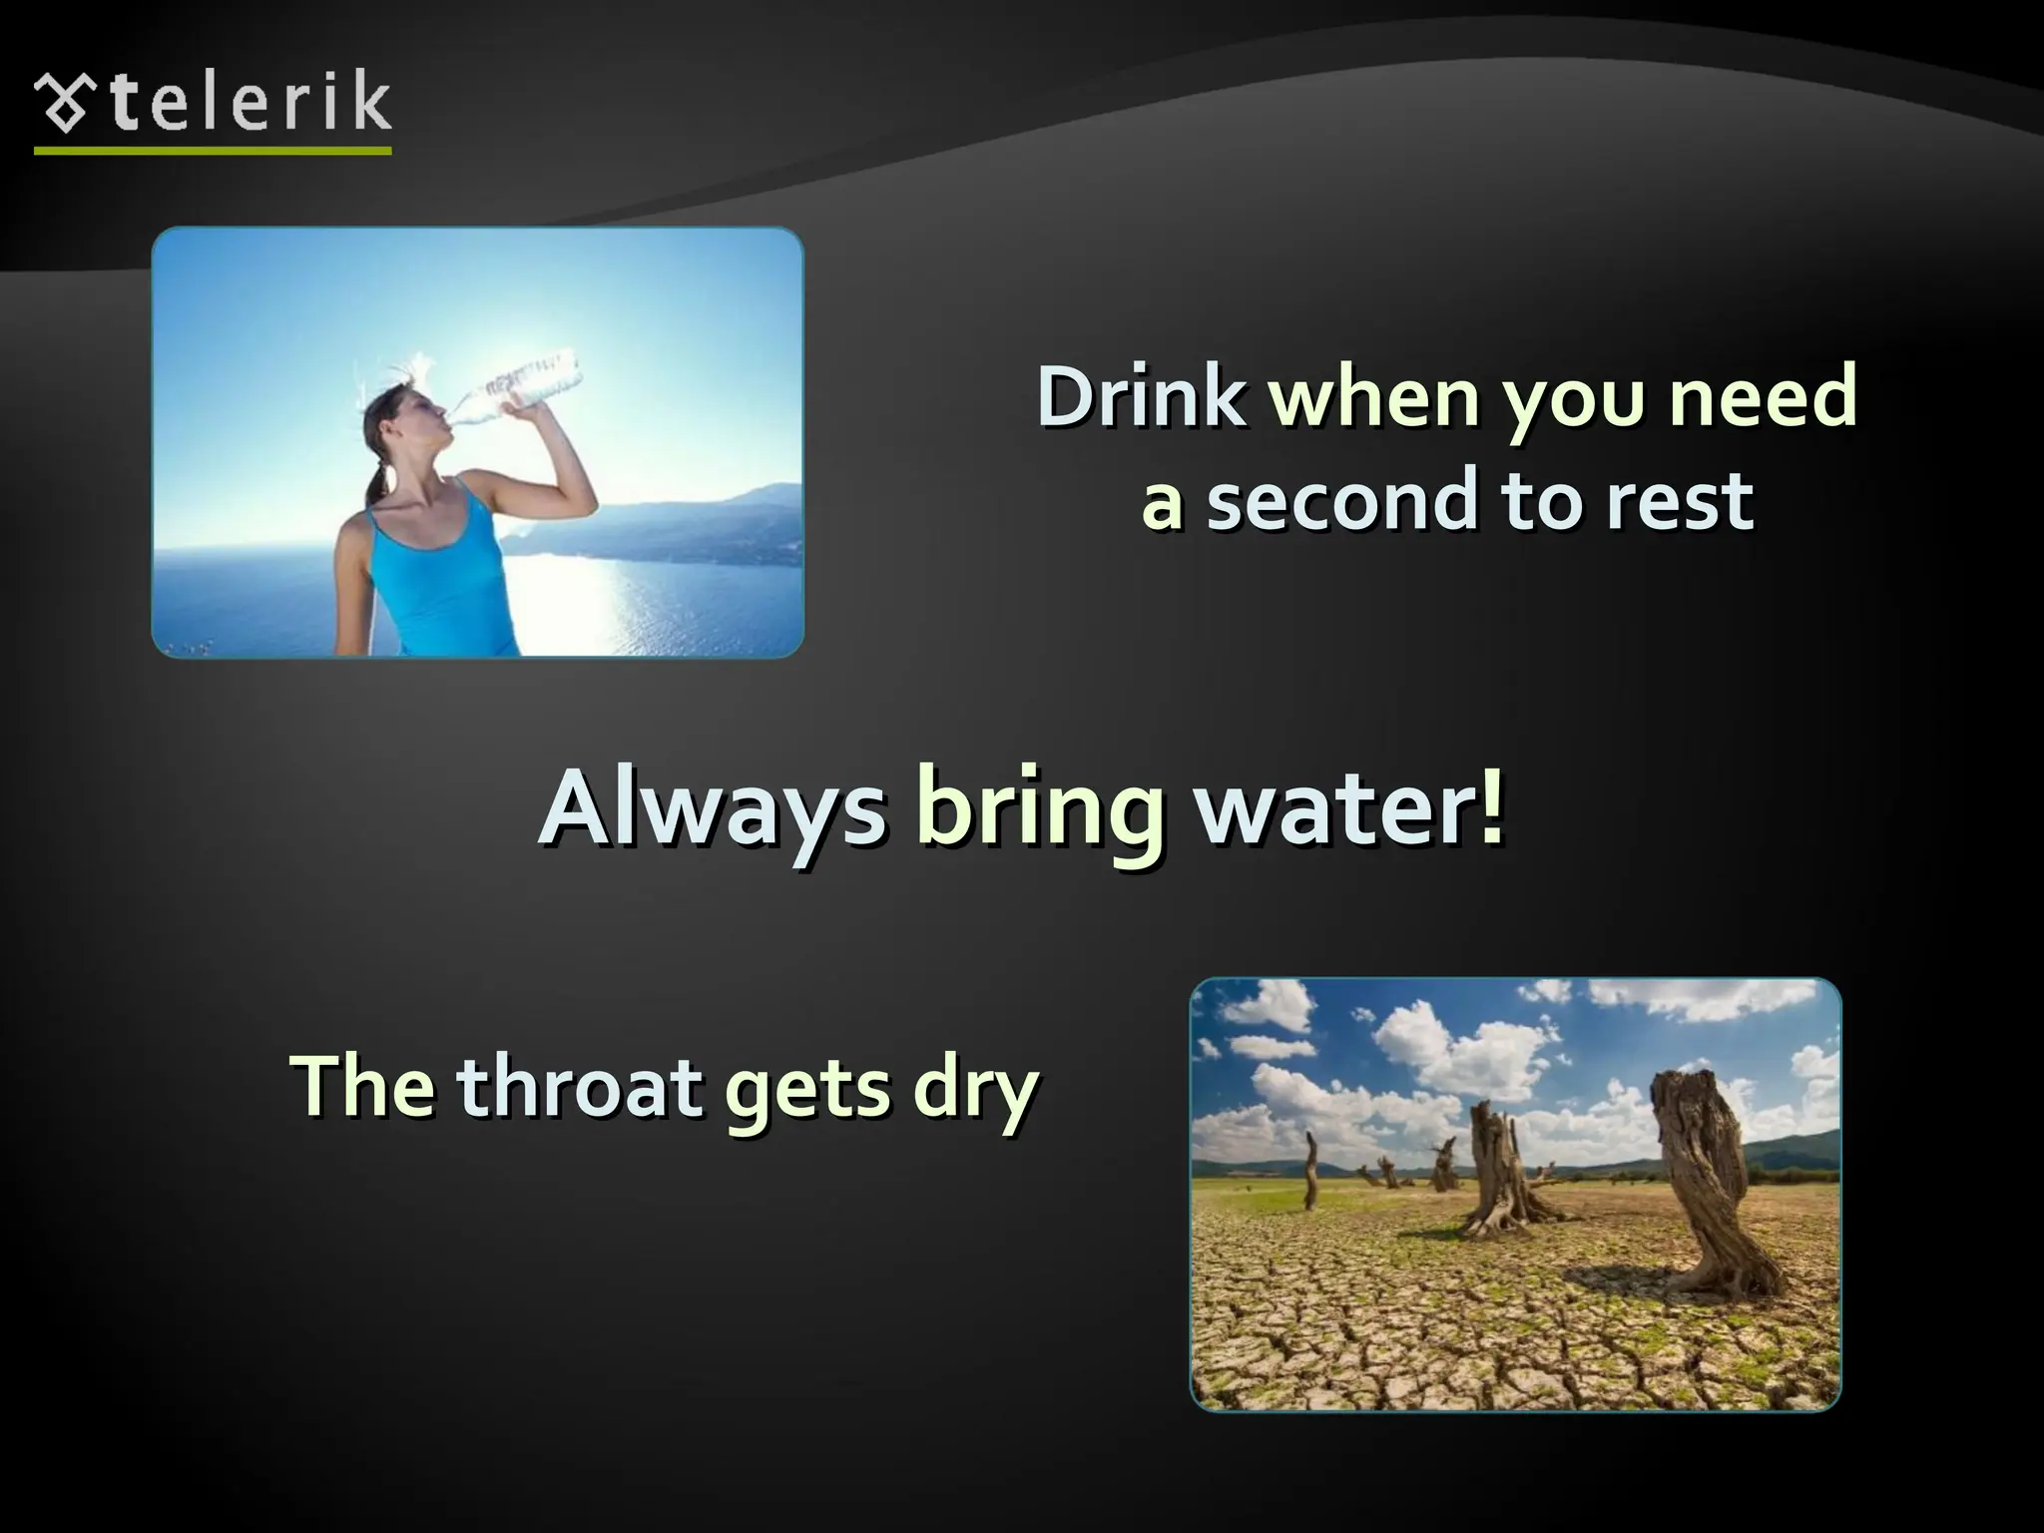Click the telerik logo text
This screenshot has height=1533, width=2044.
(250, 103)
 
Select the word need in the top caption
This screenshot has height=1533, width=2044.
(1763, 397)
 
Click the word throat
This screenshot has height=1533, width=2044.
(580, 1087)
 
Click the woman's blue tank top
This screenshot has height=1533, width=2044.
(439, 574)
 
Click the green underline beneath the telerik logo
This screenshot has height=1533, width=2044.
(213, 151)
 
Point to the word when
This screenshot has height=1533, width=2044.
(1374, 397)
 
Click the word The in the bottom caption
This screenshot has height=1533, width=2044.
(361, 1087)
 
